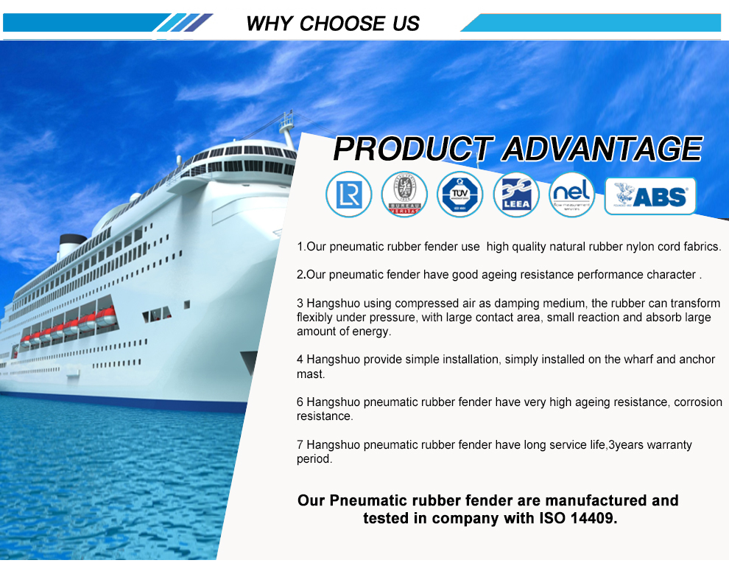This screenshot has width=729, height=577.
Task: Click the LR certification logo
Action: click(348, 195)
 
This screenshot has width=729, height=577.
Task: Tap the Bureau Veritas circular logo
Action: click(404, 195)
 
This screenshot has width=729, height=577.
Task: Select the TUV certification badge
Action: click(460, 195)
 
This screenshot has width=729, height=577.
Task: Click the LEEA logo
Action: click(516, 195)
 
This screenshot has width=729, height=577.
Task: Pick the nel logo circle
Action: click(572, 195)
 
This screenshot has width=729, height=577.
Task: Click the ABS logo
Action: click(650, 196)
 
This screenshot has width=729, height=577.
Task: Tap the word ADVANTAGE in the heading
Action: click(602, 149)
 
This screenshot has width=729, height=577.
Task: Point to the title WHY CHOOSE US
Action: click(333, 23)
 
